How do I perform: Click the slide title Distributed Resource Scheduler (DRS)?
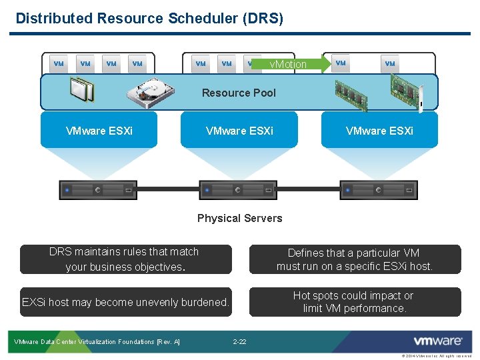coord(149,19)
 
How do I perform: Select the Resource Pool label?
coord(239,93)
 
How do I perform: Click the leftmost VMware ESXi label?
coord(99,131)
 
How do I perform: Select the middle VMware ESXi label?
coord(239,131)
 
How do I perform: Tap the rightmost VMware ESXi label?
coord(379,131)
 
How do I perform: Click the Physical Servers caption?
coord(239,218)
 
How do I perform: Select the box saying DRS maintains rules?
coord(125,259)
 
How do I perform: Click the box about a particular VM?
coord(355,259)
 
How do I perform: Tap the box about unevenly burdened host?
coord(125,302)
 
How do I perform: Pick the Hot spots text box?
coord(355,302)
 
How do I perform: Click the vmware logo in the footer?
coord(438,341)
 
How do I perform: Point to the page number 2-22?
coord(239,342)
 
